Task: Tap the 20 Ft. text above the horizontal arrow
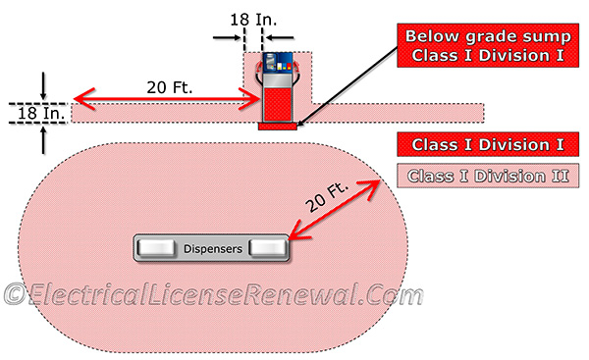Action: coord(168,86)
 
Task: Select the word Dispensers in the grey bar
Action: coord(212,249)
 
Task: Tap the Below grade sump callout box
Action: coord(483,47)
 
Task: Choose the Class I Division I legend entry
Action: coord(488,145)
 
